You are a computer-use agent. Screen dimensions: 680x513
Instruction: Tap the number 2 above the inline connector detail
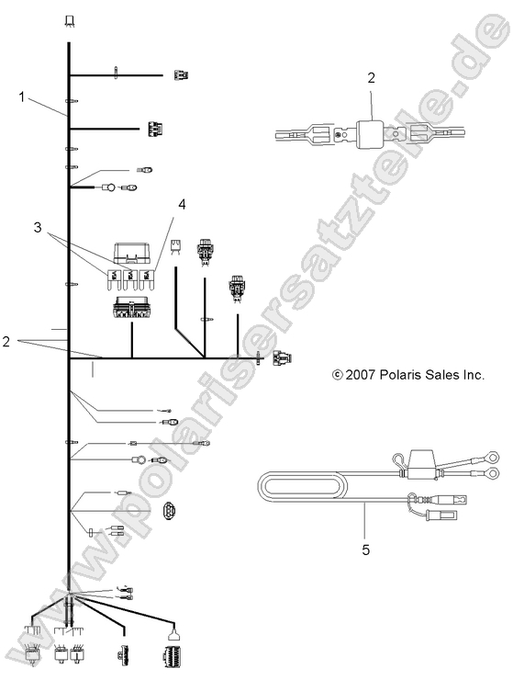pos(372,78)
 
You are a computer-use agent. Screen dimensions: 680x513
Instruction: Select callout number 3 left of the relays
pos(37,226)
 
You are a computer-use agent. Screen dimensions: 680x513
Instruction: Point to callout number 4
pos(182,205)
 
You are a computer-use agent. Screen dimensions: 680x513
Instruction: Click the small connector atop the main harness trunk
pos(70,19)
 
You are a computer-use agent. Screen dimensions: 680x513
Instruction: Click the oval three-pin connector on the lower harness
pos(172,513)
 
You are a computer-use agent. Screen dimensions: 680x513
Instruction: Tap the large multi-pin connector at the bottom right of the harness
pos(171,654)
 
